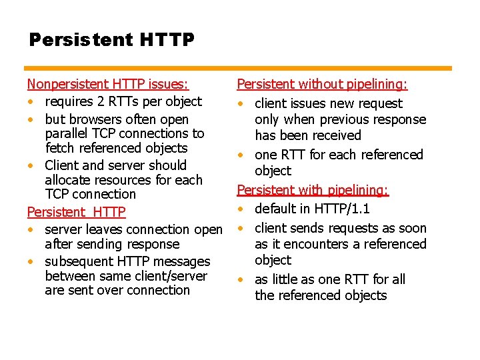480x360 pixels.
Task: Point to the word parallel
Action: pos(67,133)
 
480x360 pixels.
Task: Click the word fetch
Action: pos(61,148)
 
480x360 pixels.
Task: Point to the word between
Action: pos(69,276)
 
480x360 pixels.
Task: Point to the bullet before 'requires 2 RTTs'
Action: pos(31,102)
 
